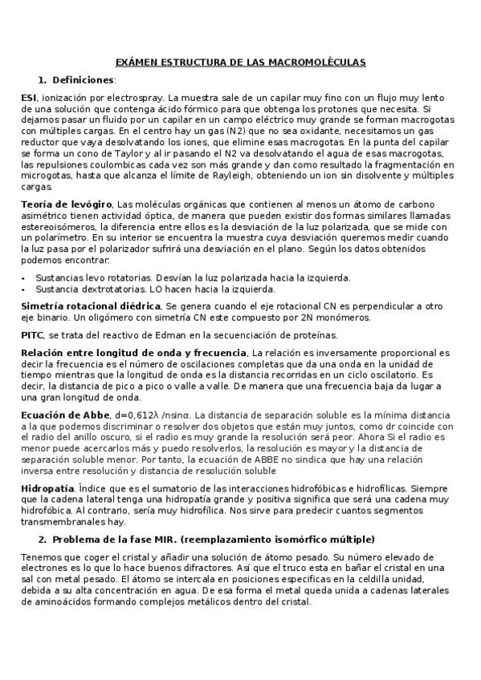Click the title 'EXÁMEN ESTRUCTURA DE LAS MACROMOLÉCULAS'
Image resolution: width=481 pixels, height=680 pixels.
240,62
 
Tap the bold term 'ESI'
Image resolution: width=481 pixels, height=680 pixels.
28,97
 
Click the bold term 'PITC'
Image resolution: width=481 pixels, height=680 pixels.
32,334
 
